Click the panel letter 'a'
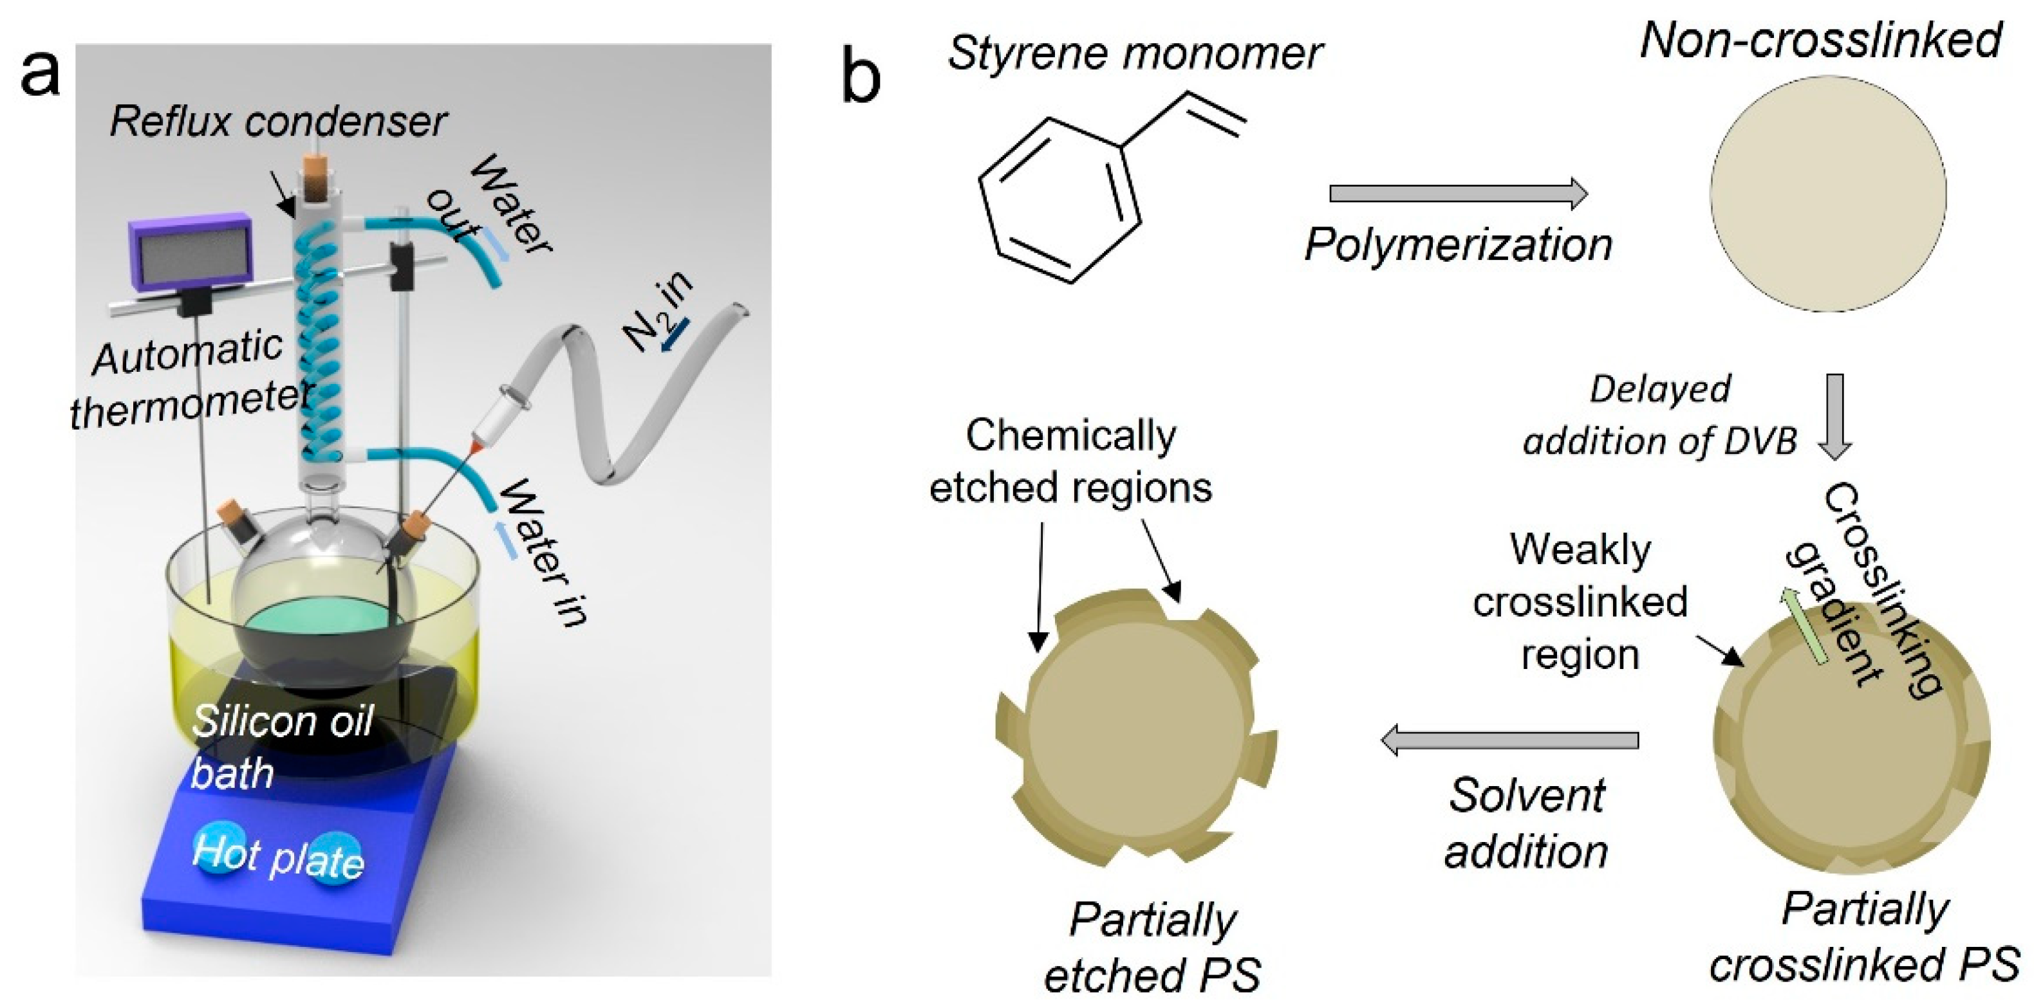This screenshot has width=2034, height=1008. coord(39,75)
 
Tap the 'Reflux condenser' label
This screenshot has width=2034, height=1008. coord(278,122)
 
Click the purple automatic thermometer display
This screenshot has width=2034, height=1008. coord(189,253)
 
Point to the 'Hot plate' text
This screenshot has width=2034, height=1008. coord(278,856)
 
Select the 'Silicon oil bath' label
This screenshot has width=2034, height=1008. coord(280,746)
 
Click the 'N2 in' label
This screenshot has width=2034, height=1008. coord(659,312)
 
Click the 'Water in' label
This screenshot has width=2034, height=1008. coord(545,553)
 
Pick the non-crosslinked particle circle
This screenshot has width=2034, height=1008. coord(1827,194)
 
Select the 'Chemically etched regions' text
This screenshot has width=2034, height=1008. coord(1070,461)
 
